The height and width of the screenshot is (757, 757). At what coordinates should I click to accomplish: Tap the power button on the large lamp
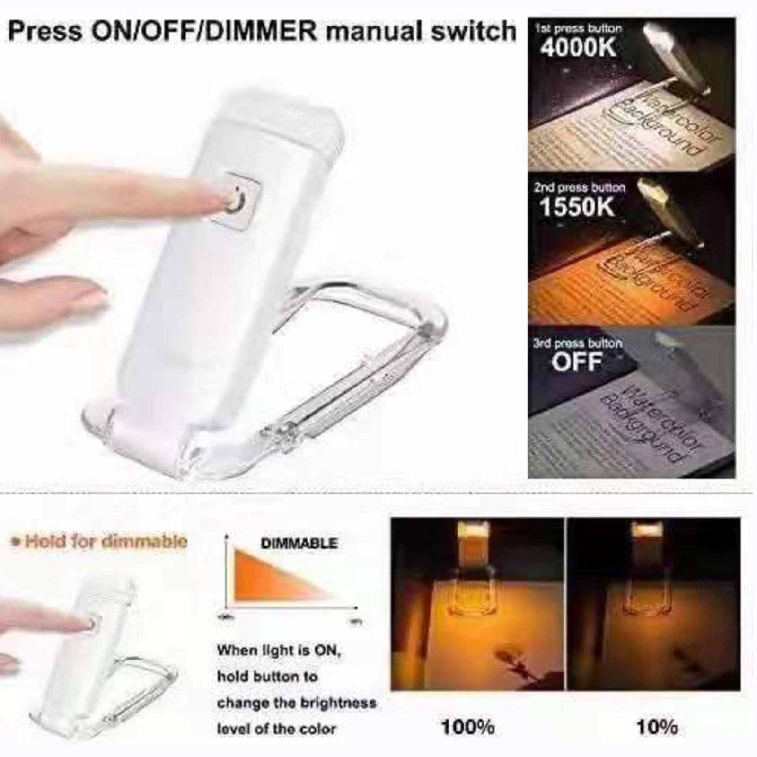click(x=236, y=199)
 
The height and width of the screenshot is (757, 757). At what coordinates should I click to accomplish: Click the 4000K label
click(x=579, y=47)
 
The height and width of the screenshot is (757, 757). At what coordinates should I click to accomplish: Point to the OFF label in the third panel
click(x=577, y=362)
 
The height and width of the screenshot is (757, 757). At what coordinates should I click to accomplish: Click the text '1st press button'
click(x=578, y=28)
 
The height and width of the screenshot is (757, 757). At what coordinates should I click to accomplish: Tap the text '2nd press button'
click(x=580, y=187)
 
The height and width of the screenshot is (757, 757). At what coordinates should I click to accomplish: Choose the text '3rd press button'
click(x=577, y=343)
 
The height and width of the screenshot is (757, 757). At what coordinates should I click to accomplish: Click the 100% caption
click(x=467, y=727)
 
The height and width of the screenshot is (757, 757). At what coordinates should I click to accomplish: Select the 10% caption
click(x=657, y=727)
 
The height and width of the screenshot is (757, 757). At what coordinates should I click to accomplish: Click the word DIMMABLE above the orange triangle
click(x=299, y=543)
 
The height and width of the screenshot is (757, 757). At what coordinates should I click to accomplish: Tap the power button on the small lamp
click(x=95, y=621)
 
